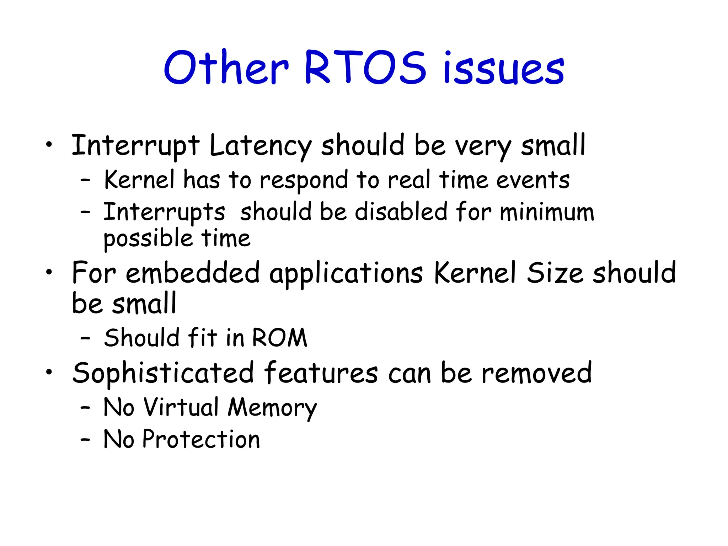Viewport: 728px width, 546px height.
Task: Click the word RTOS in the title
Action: click(365, 68)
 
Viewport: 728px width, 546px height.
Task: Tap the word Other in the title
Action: click(226, 68)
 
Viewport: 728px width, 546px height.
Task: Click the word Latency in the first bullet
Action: click(260, 146)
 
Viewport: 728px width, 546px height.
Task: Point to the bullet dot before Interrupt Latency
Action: click(49, 144)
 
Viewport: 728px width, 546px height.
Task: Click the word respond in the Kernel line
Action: click(304, 180)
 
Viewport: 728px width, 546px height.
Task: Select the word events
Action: click(533, 180)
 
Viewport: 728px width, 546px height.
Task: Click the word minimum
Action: click(547, 212)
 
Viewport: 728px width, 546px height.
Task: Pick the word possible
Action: click(148, 239)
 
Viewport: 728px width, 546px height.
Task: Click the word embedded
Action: click(193, 273)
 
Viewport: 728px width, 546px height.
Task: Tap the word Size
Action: click(555, 273)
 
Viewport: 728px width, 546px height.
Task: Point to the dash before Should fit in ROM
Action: click(85, 338)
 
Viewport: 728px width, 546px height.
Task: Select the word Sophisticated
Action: click(163, 373)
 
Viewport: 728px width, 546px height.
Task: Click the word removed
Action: click(536, 373)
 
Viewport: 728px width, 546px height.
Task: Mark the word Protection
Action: click(201, 439)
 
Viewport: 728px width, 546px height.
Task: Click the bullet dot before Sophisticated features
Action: click(49, 372)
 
